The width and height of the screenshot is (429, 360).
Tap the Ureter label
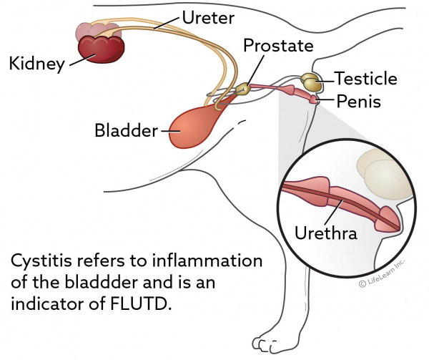tap(208, 15)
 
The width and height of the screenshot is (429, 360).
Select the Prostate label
tap(278, 47)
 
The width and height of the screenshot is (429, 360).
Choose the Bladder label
tap(127, 131)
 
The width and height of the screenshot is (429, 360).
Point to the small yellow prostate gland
tap(244, 88)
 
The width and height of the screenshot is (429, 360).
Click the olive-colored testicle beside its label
tap(311, 81)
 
